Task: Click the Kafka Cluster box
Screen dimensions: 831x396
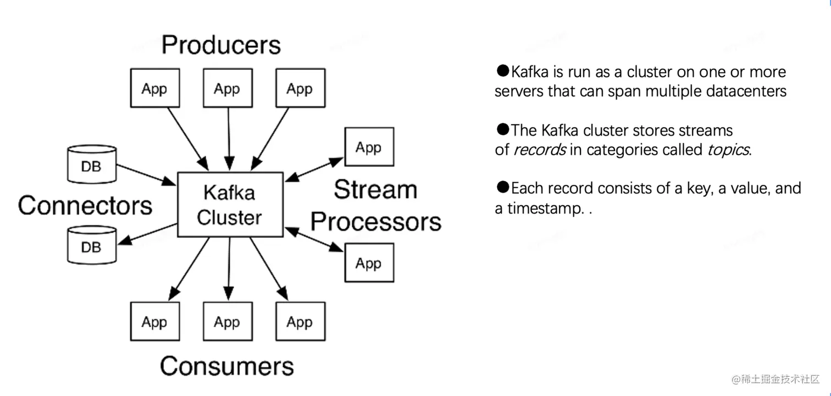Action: point(230,205)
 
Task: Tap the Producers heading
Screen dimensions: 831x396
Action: point(221,45)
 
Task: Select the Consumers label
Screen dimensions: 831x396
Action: point(226,366)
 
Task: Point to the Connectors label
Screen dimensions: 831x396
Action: point(85,205)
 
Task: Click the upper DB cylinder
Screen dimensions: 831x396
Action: point(92,164)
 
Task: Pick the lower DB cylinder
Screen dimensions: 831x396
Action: point(92,245)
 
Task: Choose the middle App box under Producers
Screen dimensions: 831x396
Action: point(228,88)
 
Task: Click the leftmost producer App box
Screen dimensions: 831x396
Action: point(155,88)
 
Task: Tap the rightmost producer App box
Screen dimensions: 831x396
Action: point(301,88)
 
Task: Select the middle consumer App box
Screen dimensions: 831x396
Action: point(228,321)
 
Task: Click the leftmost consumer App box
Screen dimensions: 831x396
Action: point(155,321)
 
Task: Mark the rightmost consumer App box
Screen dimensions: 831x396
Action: point(301,321)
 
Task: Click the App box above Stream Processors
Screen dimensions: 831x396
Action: point(369,147)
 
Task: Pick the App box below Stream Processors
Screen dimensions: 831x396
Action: point(369,263)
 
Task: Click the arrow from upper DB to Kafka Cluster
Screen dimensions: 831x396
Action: point(146,175)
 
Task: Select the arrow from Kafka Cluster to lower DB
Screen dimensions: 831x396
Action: point(147,234)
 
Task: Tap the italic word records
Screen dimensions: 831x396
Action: point(540,150)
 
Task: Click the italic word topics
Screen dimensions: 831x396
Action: point(728,150)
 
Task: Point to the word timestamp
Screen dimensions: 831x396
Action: point(545,208)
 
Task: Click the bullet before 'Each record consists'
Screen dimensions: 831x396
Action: point(503,186)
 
